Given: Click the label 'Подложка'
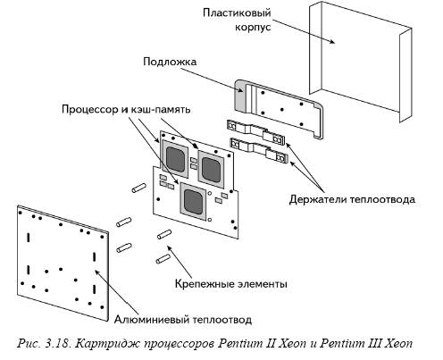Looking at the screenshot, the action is pos(170,62).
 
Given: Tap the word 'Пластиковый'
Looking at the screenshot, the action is pos(237,13).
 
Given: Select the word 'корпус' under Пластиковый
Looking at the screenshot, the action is pos(253,27).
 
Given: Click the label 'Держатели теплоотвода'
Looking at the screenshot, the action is pos(352,199).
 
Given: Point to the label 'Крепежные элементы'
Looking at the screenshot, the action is pos(231,283).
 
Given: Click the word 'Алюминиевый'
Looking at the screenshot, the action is pos(152,320).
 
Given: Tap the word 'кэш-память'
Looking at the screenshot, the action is pos(160,109).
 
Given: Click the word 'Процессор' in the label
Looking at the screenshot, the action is pos(90,109).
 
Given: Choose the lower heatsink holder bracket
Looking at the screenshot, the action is pos(259,150).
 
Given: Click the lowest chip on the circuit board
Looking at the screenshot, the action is pos(193,201).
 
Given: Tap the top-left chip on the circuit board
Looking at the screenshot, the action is pos(175,158).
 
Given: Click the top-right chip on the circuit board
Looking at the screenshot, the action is pos(211,169).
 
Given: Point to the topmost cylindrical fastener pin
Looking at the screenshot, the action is pos(138,188).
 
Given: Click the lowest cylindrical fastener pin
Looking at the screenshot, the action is pos(163,259).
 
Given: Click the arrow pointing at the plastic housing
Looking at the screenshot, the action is pos(304,31).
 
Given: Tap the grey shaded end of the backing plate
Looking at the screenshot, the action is pos(240,96).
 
